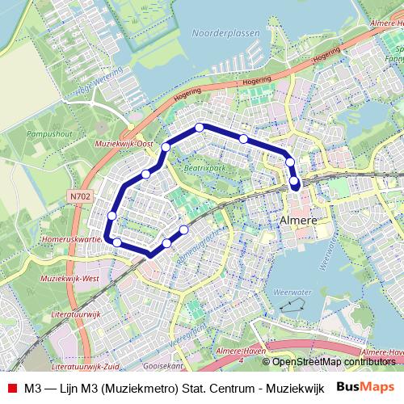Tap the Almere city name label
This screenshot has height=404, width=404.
[296, 220]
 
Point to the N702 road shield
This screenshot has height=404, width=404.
[81, 196]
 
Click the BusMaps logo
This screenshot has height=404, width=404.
[365, 386]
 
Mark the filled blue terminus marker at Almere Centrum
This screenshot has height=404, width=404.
[295, 183]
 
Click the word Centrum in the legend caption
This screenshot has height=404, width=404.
[233, 387]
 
